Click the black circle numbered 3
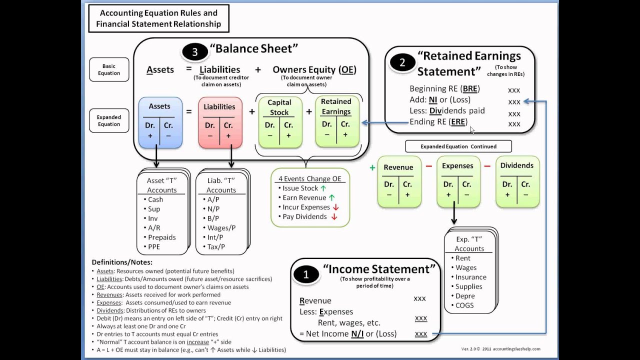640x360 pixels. (x=194, y=52)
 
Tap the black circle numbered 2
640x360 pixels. (x=402, y=62)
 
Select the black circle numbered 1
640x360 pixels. (x=306, y=274)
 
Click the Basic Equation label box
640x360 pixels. (x=108, y=69)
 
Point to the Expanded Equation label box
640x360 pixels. (x=108, y=120)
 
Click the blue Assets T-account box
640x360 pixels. (x=159, y=122)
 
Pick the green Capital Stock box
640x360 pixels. (x=279, y=122)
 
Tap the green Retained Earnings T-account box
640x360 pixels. (x=336, y=122)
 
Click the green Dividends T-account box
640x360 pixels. (x=517, y=182)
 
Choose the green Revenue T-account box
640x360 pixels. (x=398, y=182)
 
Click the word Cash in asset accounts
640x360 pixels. (x=155, y=199)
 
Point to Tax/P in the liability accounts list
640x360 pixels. (x=216, y=246)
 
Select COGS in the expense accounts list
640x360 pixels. (x=464, y=305)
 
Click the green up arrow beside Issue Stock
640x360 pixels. (x=323, y=188)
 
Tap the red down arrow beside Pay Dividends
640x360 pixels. (x=334, y=217)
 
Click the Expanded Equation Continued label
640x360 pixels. (x=458, y=146)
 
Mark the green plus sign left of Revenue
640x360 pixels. (x=372, y=168)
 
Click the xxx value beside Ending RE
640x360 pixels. (x=514, y=124)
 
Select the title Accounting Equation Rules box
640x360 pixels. (x=158, y=18)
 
